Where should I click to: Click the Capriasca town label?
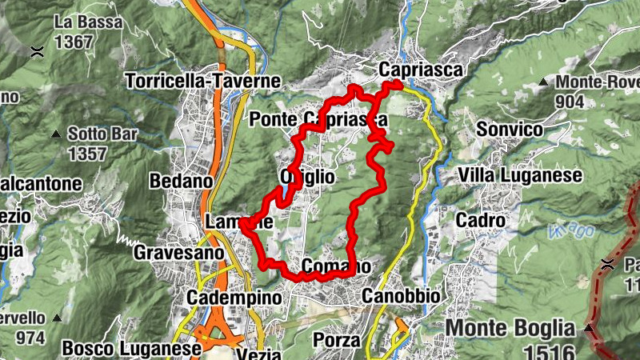pyautogui.click(x=422, y=70)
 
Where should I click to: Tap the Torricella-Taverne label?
pyautogui.click(x=203, y=81)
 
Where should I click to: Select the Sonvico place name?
pyautogui.click(x=509, y=129)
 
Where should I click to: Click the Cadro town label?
pyautogui.click(x=480, y=219)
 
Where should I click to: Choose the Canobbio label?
pyautogui.click(x=401, y=296)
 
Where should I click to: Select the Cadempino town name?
pyautogui.click(x=234, y=298)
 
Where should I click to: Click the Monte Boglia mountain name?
pyautogui.click(x=510, y=327)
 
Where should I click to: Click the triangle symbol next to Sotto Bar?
pyautogui.click(x=56, y=134)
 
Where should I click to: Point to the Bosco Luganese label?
pyautogui.click(x=131, y=349)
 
